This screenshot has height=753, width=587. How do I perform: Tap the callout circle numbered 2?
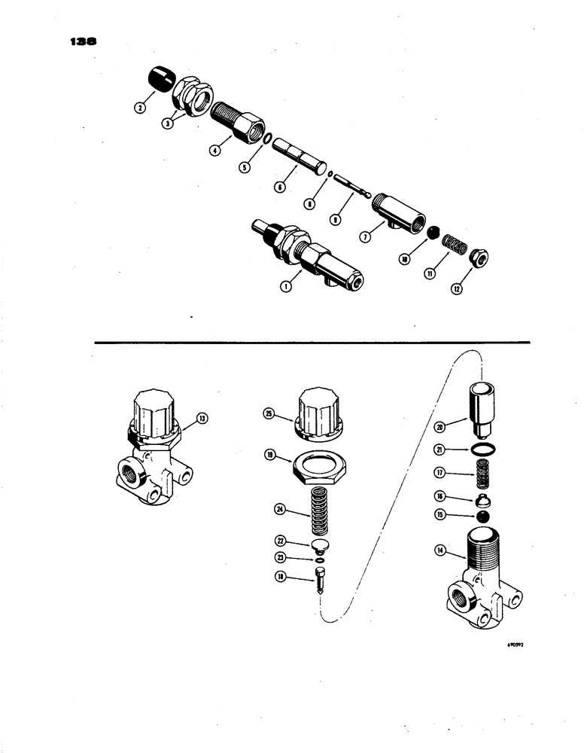click(x=139, y=108)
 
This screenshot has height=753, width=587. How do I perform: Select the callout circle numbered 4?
click(x=214, y=150)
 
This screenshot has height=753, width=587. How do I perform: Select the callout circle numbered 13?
click(x=201, y=417)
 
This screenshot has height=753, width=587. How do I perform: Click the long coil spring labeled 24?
click(x=309, y=511)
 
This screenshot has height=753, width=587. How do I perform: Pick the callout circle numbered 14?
click(x=442, y=552)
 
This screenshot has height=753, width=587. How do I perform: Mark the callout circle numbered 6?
click(x=279, y=187)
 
